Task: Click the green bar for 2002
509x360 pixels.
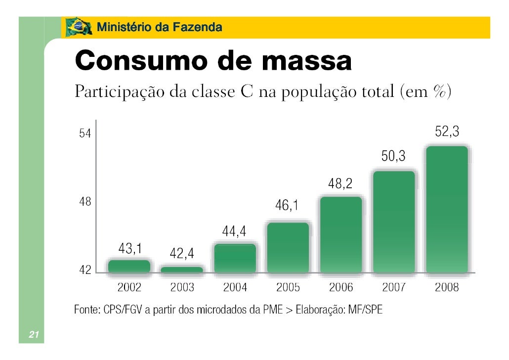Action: click(x=129, y=266)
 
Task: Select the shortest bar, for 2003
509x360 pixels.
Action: click(x=182, y=270)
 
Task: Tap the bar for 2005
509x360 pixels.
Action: click(x=288, y=247)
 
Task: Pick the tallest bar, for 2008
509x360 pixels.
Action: click(x=447, y=209)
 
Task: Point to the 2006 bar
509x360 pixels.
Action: click(x=341, y=234)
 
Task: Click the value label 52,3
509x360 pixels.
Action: click(x=447, y=132)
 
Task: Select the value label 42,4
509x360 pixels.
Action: click(x=182, y=254)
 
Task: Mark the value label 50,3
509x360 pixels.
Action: click(x=393, y=157)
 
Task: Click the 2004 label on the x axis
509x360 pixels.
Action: click(x=235, y=287)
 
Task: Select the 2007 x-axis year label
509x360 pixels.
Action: click(x=394, y=287)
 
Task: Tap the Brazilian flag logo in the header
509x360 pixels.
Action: click(x=78, y=27)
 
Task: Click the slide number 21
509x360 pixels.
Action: click(x=33, y=335)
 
